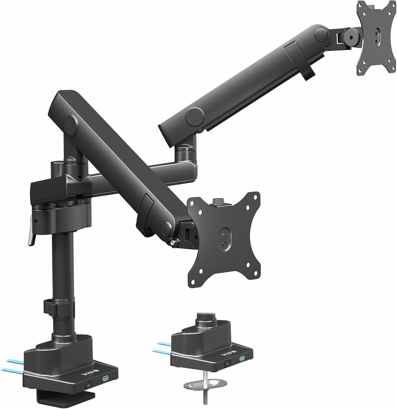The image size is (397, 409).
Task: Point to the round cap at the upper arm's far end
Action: pos(321,35)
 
